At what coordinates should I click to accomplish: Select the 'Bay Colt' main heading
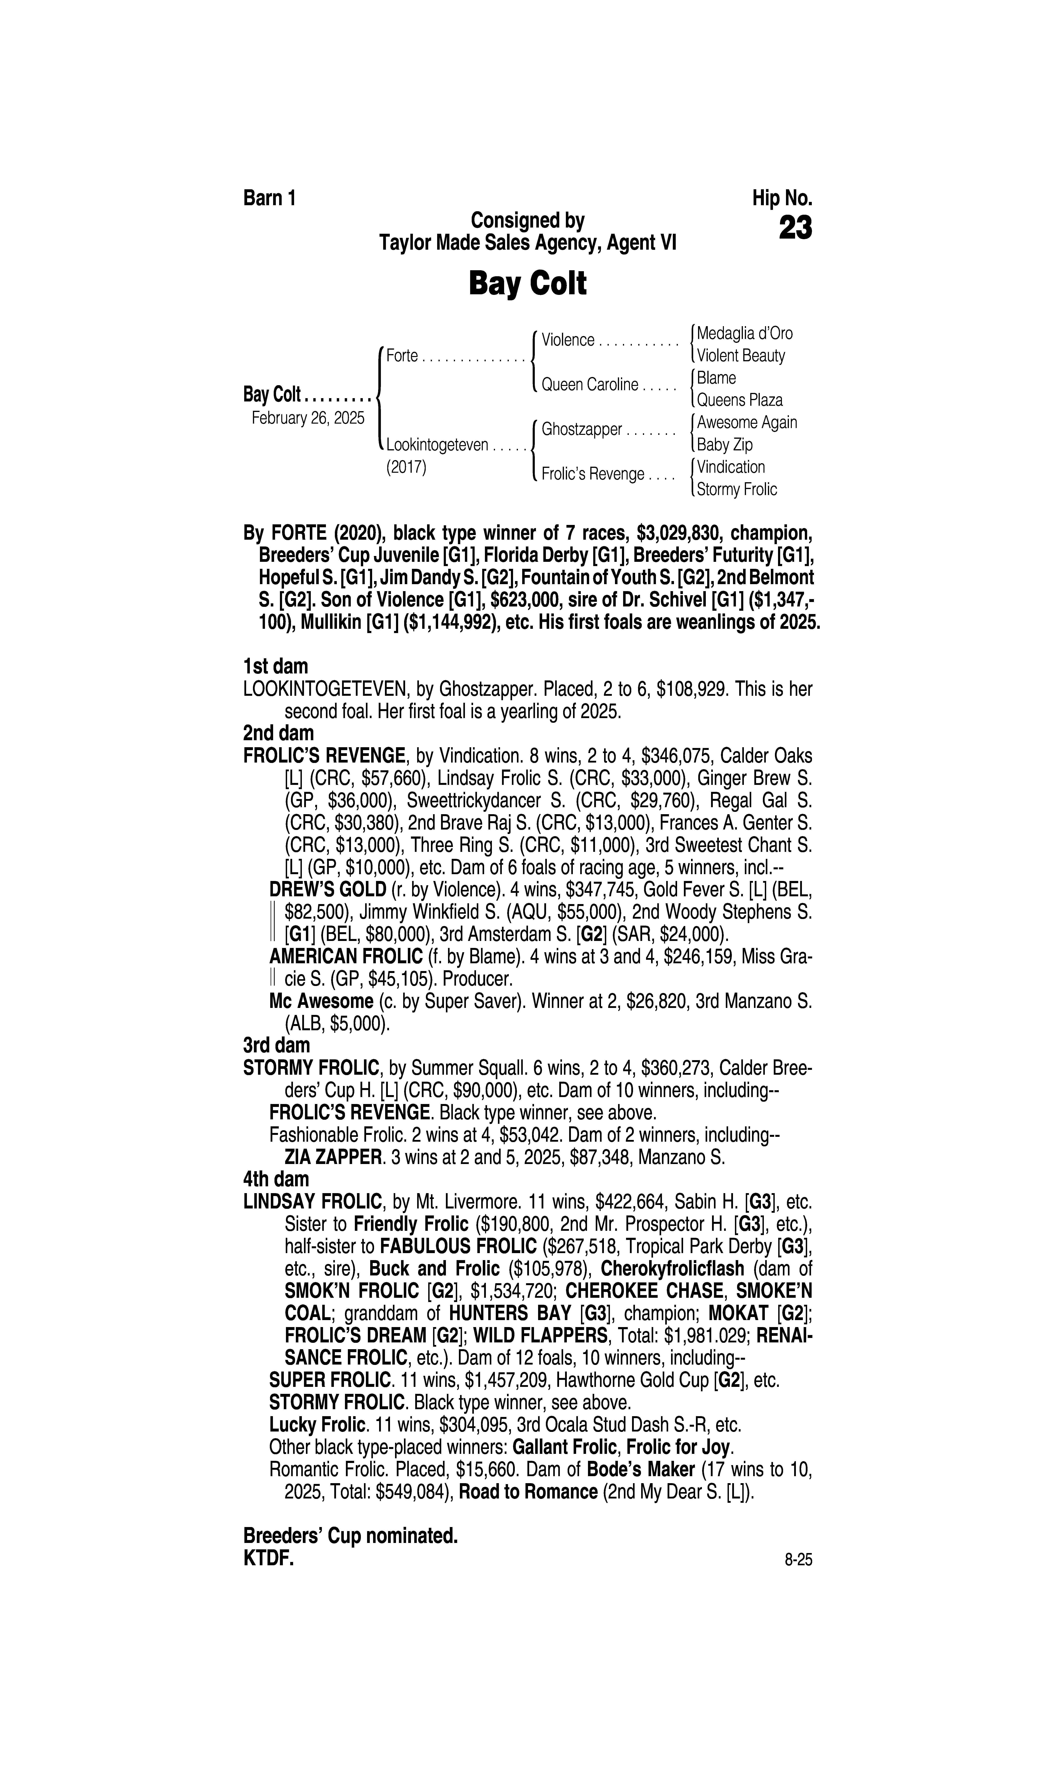point(527,284)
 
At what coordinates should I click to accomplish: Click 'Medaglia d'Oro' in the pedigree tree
point(744,333)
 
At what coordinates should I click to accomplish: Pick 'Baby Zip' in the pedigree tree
point(724,445)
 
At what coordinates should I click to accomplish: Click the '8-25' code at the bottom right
point(798,1560)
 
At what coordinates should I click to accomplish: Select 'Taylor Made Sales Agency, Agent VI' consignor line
point(527,243)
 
